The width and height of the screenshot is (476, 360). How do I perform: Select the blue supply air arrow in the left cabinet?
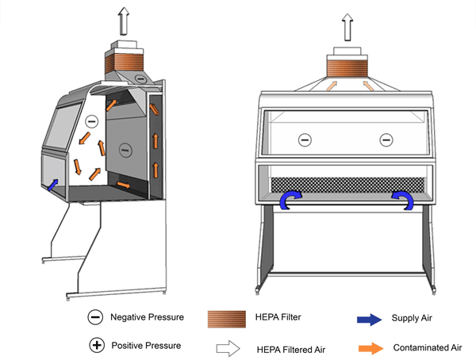click(53, 185)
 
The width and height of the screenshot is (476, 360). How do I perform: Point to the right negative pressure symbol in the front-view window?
click(386, 140)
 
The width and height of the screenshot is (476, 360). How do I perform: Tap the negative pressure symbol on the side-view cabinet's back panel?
click(123, 147)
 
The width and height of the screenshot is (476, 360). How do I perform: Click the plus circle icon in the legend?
click(96, 346)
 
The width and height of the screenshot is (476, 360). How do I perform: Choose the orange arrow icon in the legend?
click(367, 347)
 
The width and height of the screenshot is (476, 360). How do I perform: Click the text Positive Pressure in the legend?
click(147, 346)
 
